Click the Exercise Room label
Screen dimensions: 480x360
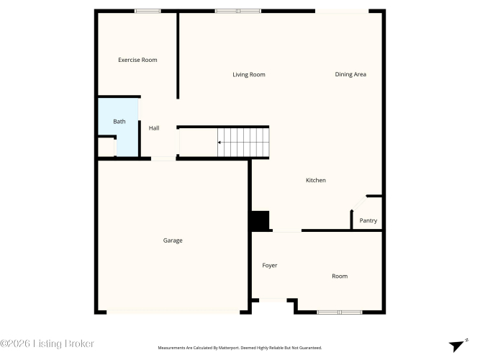coord(137,60)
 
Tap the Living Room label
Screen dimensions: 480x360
coord(249,74)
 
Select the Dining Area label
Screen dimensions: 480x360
coord(350,74)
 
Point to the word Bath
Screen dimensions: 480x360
coord(119,122)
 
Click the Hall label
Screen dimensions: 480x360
coord(154,128)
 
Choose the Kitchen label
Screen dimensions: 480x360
coord(316,180)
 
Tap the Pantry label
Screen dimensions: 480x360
coord(368,220)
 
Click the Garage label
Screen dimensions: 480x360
coord(173,240)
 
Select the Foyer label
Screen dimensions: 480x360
coord(270,266)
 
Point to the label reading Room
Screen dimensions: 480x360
coord(340,276)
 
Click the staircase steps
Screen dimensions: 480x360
coord(243,142)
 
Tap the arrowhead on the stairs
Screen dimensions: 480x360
coord(219,143)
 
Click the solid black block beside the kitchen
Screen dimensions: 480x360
coord(261,220)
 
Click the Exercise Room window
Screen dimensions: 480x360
coord(148,11)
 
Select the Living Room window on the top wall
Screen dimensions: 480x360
coord(238,11)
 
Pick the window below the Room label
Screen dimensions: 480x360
coord(340,312)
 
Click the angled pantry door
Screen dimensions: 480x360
coord(359,202)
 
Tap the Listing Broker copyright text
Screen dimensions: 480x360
coord(47,343)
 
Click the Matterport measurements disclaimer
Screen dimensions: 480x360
coord(240,348)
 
